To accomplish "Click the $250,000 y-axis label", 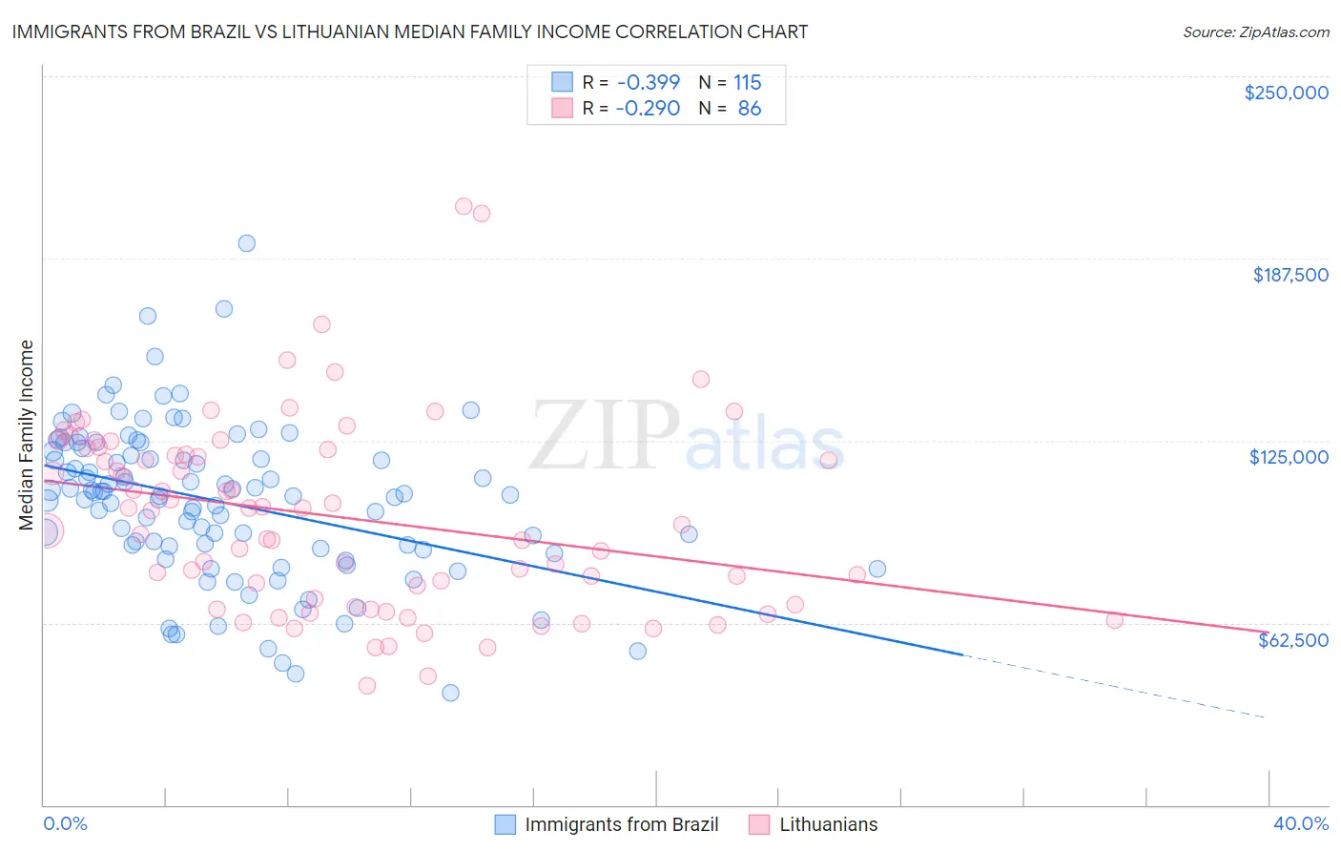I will (1286, 93).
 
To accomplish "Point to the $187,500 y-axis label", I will (1289, 275).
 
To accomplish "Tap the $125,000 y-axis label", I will (1289, 457).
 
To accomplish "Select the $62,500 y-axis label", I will (1292, 640).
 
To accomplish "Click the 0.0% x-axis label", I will (65, 823).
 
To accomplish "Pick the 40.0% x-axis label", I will (1300, 823).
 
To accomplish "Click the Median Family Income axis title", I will (26, 435).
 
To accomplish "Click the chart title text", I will (409, 31).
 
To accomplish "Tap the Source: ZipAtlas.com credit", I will (1255, 31).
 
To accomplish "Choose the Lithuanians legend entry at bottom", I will (828, 824).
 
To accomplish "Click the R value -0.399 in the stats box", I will (648, 82).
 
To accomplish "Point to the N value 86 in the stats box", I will (750, 109).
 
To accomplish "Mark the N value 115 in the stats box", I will (747, 82).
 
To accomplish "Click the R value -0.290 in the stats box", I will (648, 109).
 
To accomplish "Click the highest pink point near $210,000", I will (464, 206).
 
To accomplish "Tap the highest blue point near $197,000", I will (246, 243).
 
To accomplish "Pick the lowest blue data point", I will (450, 693).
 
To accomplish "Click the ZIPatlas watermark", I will (687, 436).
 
